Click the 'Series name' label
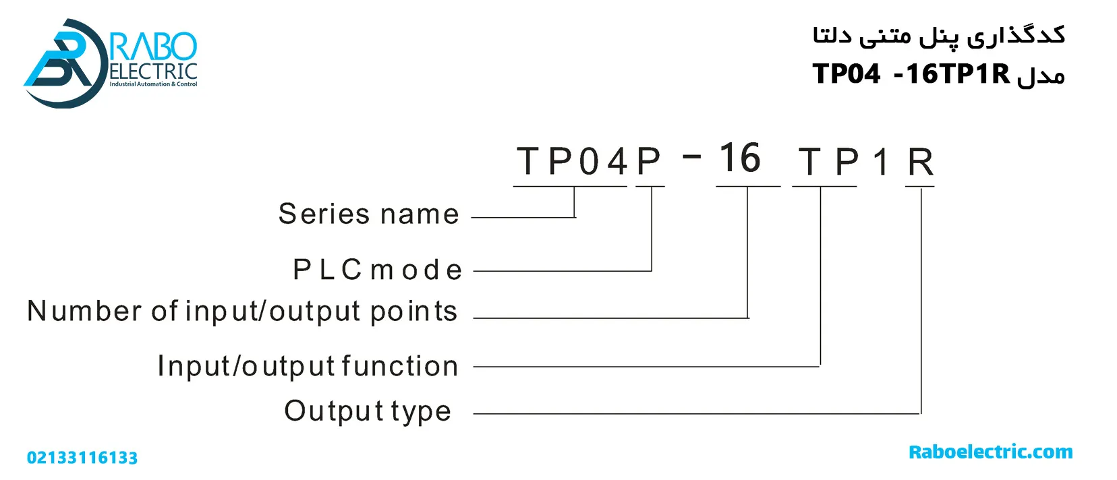click(x=368, y=214)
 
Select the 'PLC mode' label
click(x=378, y=270)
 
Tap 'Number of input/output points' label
click(x=242, y=311)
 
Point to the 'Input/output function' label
click(x=308, y=366)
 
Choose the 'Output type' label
click(x=367, y=411)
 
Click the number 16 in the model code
click(x=739, y=159)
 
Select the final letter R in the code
click(x=920, y=162)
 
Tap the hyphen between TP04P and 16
click(x=692, y=157)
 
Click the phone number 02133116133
click(x=82, y=458)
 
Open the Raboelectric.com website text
click(x=990, y=452)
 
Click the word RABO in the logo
click(x=154, y=47)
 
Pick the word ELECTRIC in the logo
click(x=153, y=71)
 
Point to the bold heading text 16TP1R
click(x=958, y=73)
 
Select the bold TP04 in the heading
click(x=847, y=73)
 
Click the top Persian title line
click(x=939, y=35)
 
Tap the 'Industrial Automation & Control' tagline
click(x=153, y=84)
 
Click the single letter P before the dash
click(x=649, y=162)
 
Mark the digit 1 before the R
click(x=881, y=162)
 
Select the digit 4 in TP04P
click(x=617, y=162)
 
